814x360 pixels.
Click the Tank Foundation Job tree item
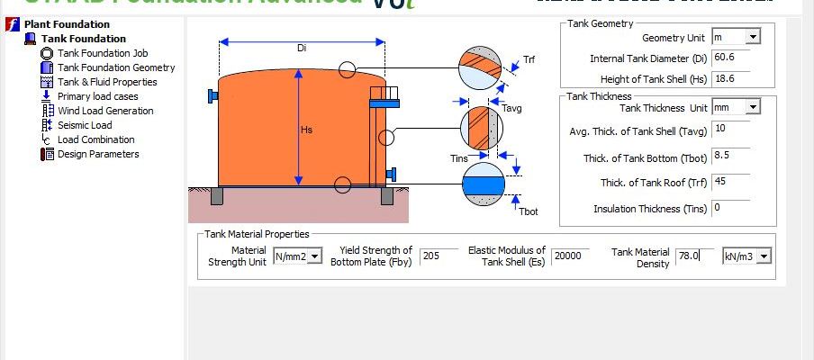[102, 53]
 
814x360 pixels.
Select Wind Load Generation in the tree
[104, 111]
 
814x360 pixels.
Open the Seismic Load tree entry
[85, 125]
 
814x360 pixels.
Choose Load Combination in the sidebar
[95, 139]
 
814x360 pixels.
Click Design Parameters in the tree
[97, 154]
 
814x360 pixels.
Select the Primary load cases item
[97, 96]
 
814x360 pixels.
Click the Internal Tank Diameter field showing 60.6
[735, 58]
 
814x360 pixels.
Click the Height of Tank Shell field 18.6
[735, 78]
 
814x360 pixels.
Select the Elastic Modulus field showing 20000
[570, 256]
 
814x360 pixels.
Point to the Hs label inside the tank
[307, 130]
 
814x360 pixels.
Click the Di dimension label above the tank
[302, 49]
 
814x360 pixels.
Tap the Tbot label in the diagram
[528, 211]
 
